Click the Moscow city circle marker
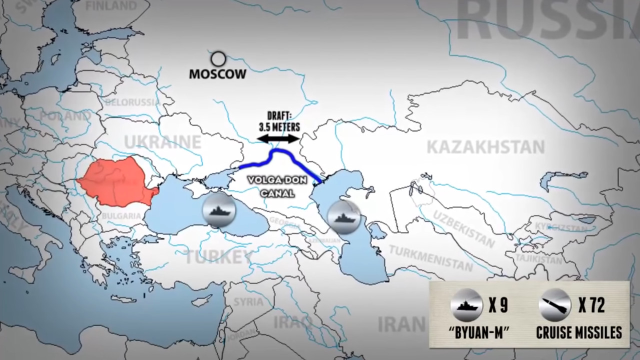pos(218,59)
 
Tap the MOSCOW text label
pos(217,74)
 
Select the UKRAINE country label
pos(162,141)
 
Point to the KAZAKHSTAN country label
pos(485,147)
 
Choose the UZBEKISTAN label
pos(463,228)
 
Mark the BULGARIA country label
pos(121,216)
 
